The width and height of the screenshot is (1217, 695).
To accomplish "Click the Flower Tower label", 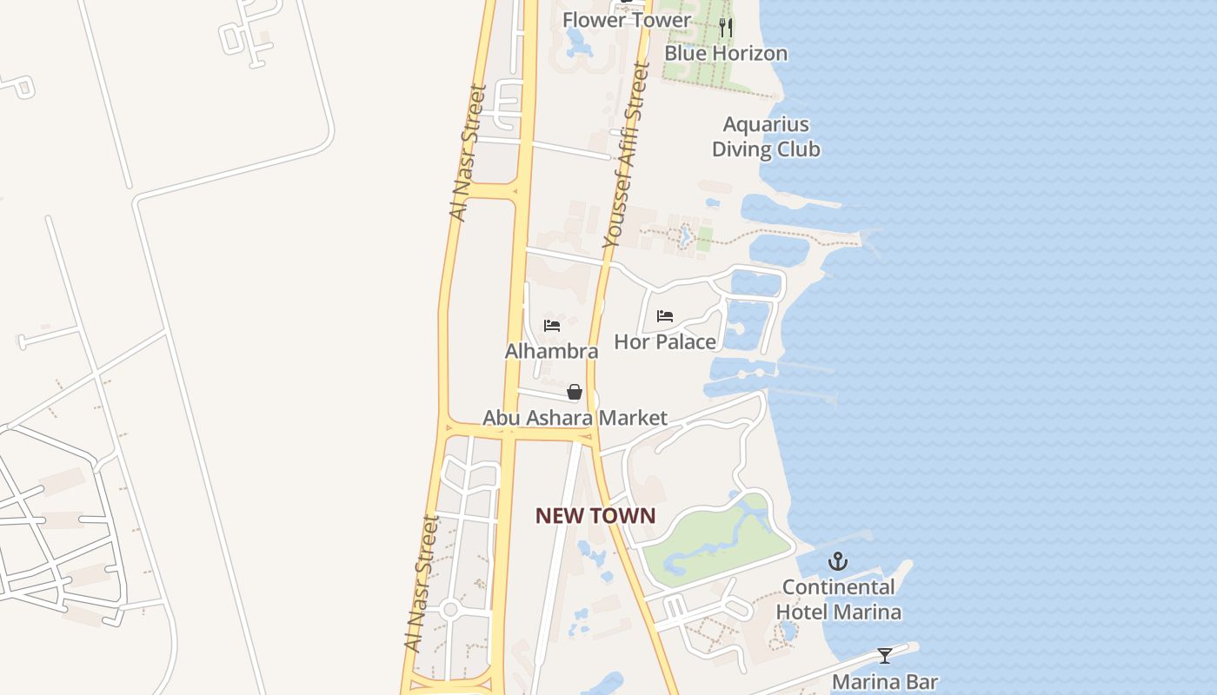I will pos(626,20).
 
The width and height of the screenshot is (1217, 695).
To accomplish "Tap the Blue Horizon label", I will pos(726,53).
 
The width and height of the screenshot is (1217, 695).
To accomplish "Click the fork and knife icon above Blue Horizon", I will pos(726,28).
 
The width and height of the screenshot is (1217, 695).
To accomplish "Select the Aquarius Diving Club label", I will pos(766,137).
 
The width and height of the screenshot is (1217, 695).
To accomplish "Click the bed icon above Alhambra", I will pos(551,326).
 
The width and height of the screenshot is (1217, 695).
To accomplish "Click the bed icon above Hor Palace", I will pos(665,316).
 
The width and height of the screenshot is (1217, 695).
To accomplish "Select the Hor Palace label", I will pos(665,341).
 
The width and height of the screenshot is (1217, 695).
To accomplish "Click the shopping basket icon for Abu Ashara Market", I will pos(574,392).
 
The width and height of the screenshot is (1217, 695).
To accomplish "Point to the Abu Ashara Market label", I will pos(575,418).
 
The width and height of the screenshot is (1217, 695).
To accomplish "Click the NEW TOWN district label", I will pos(595,516).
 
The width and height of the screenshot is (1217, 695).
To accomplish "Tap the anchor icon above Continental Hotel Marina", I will pos(838,560).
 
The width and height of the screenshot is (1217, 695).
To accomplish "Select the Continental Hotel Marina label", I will pos(838,599).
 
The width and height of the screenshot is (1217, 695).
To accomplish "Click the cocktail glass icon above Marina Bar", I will pos(885,656).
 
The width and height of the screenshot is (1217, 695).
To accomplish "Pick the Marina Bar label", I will pos(885,682).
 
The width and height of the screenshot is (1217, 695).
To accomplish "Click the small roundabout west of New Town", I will pos(449,609).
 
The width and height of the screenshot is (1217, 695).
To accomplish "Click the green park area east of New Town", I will pos(713,543).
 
